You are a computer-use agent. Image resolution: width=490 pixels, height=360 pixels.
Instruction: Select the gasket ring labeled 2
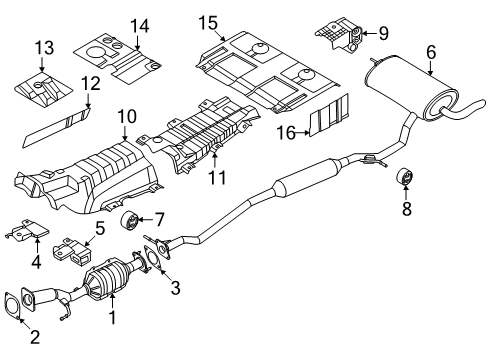16,302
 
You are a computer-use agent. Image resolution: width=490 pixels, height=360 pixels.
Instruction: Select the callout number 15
207,22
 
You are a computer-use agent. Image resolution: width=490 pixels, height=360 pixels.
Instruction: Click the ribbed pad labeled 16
330,118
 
